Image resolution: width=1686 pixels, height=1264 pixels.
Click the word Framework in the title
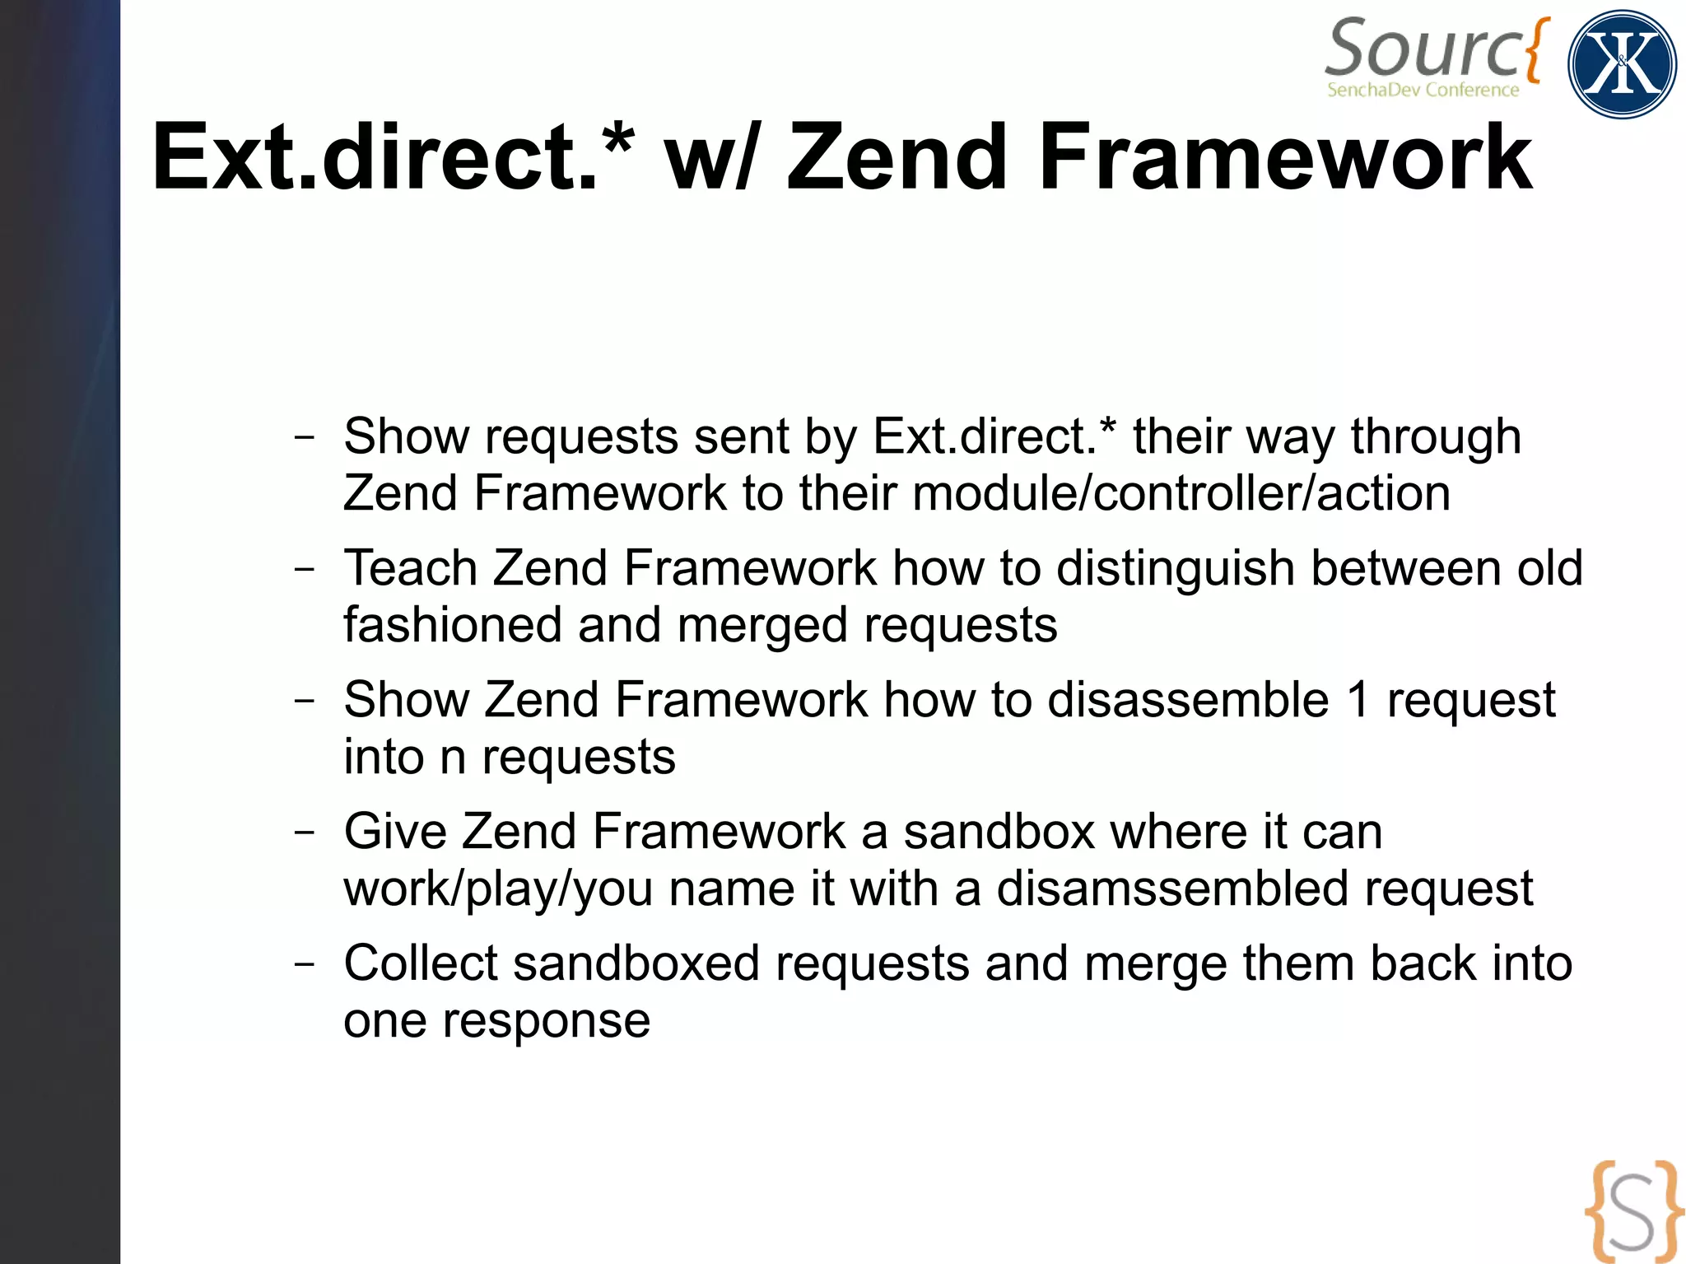pyautogui.click(x=1284, y=157)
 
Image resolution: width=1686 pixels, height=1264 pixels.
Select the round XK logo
pyautogui.click(x=1622, y=64)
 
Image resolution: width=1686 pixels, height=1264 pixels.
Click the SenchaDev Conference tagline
pyautogui.click(x=1423, y=90)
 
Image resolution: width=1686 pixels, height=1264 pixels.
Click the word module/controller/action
pyautogui.click(x=1181, y=493)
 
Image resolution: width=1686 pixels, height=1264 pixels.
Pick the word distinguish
pyautogui.click(x=1176, y=569)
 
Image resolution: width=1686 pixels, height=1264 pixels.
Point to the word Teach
pyautogui.click(x=410, y=568)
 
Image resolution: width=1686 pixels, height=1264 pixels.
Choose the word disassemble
pyautogui.click(x=1188, y=700)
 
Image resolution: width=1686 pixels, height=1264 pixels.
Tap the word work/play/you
pyautogui.click(x=498, y=889)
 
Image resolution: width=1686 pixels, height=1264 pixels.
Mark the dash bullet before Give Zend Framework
pyautogui.click(x=304, y=832)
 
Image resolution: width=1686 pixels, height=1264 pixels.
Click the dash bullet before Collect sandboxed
pyautogui.click(x=304, y=963)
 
